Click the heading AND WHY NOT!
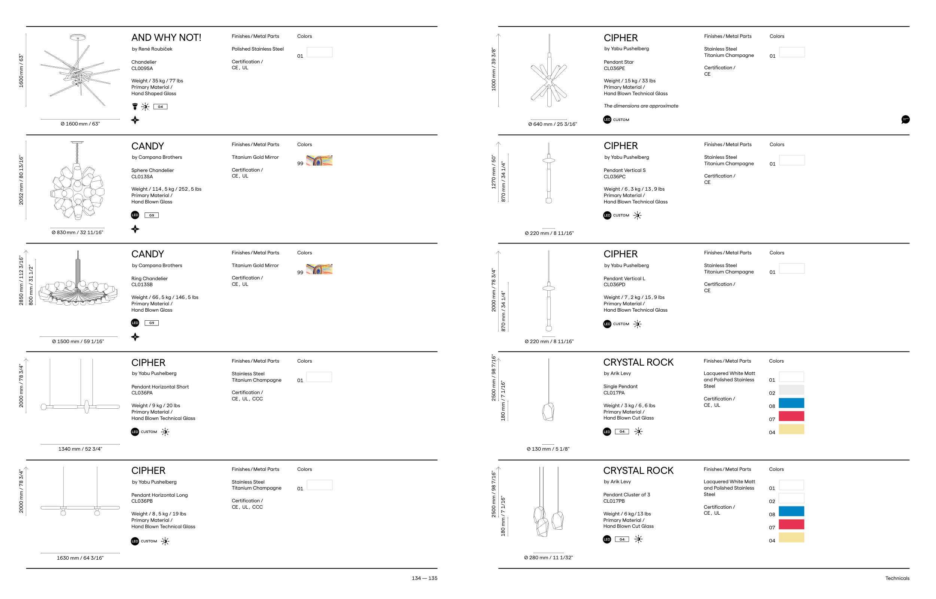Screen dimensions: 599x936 (166, 38)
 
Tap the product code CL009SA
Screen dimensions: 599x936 (142, 69)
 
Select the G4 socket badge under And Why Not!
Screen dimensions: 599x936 (160, 106)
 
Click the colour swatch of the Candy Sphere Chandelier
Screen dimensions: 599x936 (319, 161)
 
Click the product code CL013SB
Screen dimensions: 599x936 (142, 285)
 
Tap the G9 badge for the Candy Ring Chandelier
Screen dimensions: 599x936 (152, 323)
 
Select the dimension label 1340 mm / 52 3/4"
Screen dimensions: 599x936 (80, 449)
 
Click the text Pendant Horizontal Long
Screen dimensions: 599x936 (159, 495)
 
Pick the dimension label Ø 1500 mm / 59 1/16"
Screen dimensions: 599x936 (78, 342)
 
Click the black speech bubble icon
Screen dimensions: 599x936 (905, 120)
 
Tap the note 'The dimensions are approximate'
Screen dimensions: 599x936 (641, 106)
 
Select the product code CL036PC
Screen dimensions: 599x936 (614, 176)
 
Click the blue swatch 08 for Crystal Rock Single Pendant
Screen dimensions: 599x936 (791, 403)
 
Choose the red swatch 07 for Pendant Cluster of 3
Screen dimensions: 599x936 (791, 524)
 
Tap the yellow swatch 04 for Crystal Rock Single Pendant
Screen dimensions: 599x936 (791, 429)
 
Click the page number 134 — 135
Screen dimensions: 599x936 (425, 578)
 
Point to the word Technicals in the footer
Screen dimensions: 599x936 (897, 578)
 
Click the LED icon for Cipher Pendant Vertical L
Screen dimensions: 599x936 (607, 324)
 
